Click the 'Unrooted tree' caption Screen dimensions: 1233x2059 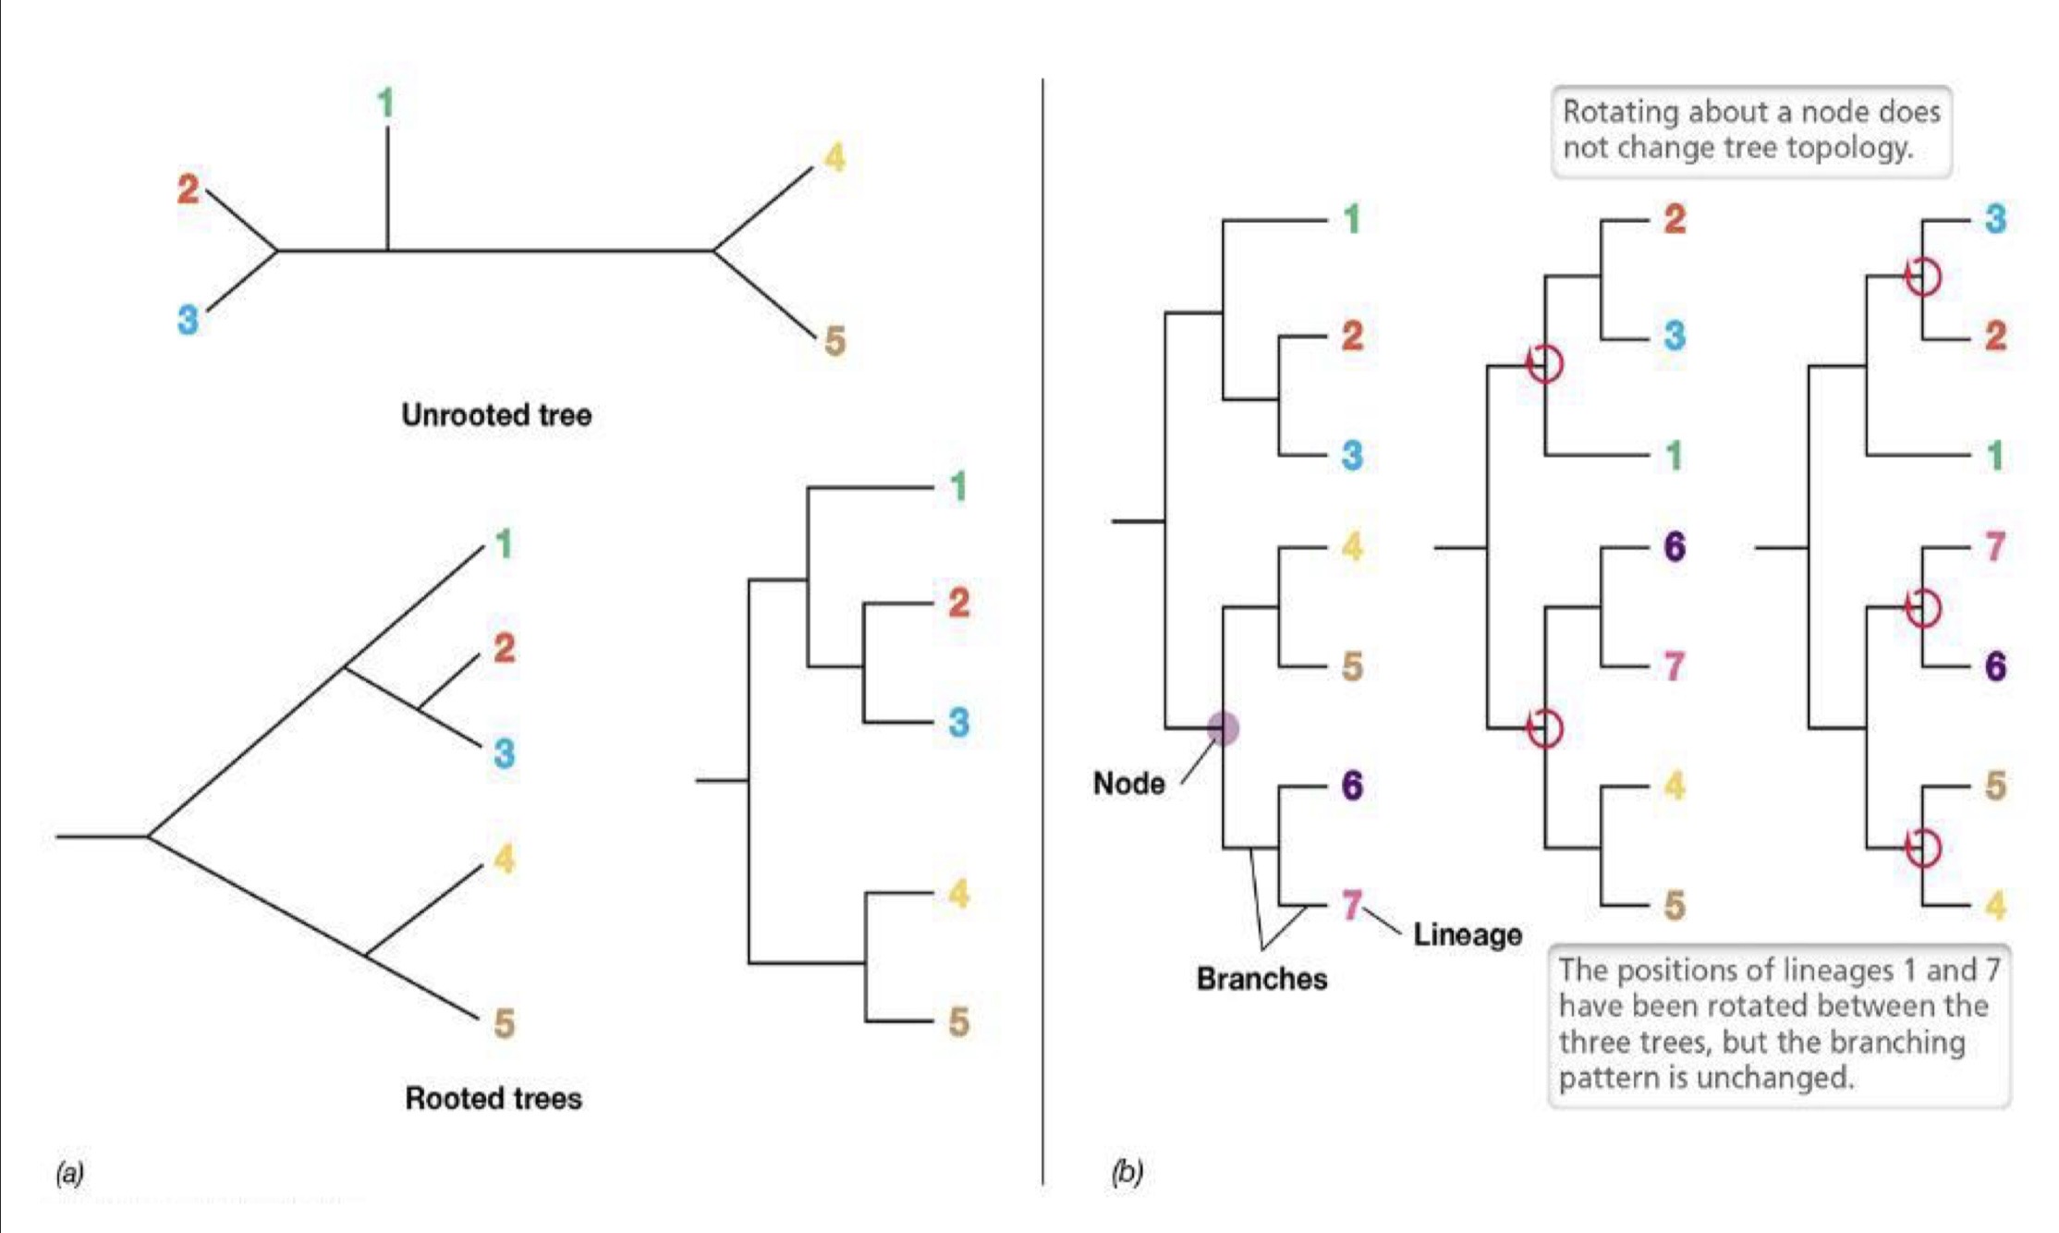coord(496,415)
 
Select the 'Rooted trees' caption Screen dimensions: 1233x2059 coord(493,1098)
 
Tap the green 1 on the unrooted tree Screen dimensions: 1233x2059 coord(386,103)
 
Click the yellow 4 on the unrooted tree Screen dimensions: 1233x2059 coord(835,158)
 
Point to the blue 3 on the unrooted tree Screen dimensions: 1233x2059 coord(188,321)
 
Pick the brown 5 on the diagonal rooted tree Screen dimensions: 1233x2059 coord(504,1023)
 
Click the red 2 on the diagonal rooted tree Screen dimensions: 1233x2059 coord(504,648)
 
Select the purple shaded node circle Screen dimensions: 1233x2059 coord(1224,728)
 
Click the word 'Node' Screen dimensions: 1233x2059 coord(1128,784)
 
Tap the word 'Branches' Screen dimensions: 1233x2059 coord(1261,979)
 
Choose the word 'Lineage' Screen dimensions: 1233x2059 coord(1468,934)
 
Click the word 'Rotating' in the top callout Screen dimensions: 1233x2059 coord(1620,112)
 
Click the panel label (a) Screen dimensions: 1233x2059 coord(69,1173)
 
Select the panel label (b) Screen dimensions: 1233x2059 coord(1127,1172)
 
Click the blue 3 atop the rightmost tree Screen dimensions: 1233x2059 coord(1995,219)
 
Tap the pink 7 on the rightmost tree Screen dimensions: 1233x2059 coord(1995,546)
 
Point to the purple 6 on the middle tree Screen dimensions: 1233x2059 coord(1675,546)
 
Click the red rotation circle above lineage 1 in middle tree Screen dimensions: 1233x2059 coord(1544,363)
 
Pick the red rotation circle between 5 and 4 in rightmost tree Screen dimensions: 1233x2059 coord(1923,847)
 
